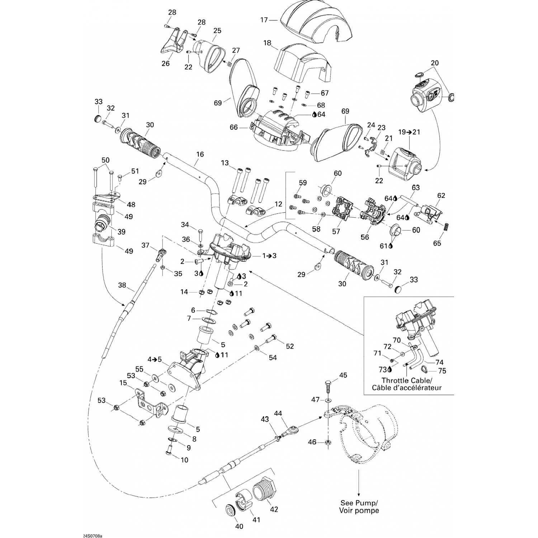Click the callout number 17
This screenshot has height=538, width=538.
[264, 20]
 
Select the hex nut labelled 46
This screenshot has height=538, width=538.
[327, 442]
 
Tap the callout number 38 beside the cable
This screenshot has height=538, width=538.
[122, 285]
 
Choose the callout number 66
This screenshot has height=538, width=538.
[233, 127]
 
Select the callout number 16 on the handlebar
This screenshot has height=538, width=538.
[200, 154]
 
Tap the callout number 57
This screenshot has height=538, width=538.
[336, 232]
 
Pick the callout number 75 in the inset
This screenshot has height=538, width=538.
[442, 371]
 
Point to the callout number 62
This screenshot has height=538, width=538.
[441, 195]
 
